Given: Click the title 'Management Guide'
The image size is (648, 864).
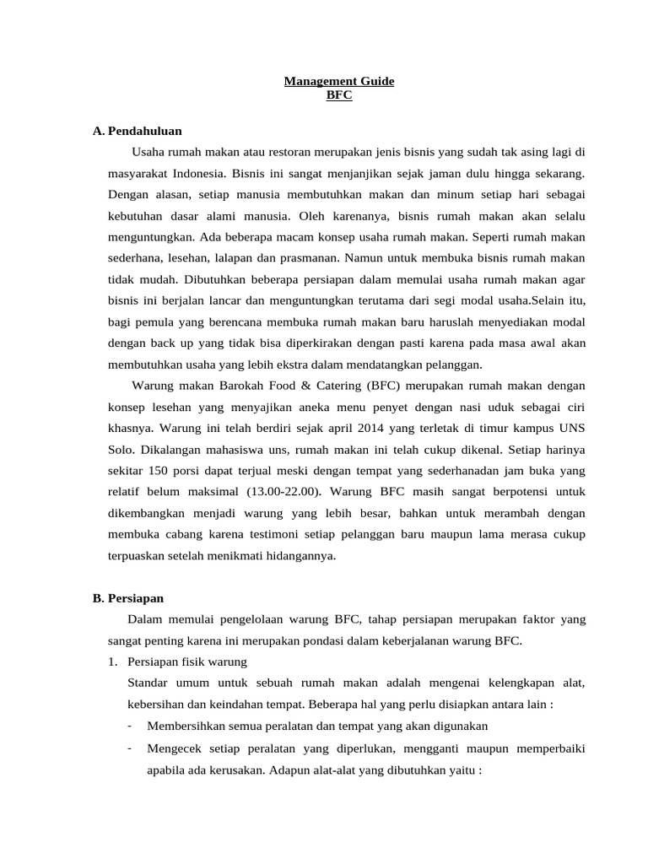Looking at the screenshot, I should tap(338, 82).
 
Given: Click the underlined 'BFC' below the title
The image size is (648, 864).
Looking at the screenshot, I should tap(338, 96).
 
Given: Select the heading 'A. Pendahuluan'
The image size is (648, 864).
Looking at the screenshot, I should tap(138, 132).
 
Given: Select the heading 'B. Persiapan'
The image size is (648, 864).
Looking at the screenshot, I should tap(128, 598).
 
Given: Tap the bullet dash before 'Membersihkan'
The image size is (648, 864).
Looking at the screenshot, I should tap(129, 726).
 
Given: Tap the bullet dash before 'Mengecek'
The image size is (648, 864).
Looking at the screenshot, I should tap(129, 748).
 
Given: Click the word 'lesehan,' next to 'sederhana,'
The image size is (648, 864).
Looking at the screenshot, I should tap(187, 258).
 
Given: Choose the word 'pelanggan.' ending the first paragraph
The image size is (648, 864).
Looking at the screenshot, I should tap(456, 364).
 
